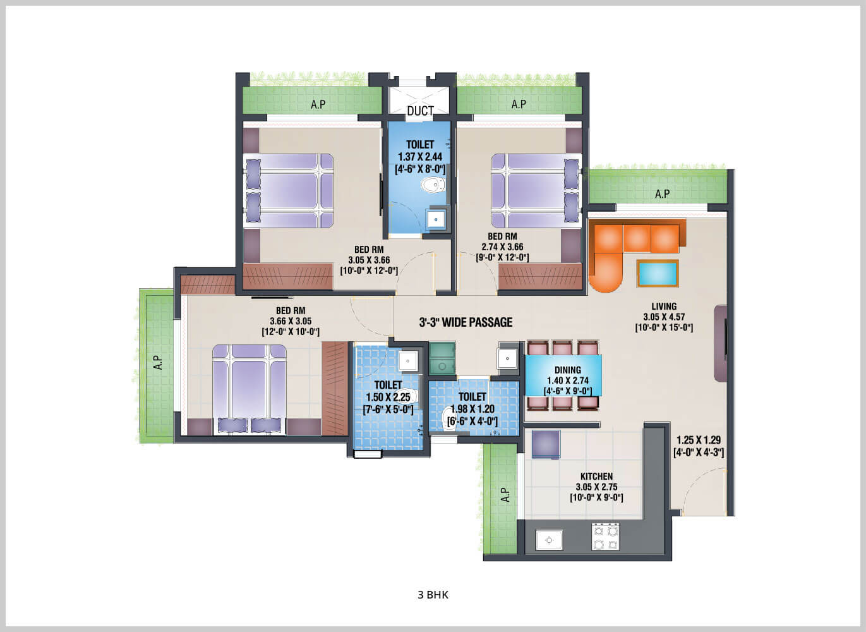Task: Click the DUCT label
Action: pyautogui.click(x=420, y=111)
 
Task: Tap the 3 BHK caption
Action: pyautogui.click(x=433, y=595)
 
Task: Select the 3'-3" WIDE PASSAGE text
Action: pyautogui.click(x=466, y=322)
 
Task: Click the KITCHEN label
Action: pyautogui.click(x=596, y=477)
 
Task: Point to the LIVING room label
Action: pyautogui.click(x=663, y=307)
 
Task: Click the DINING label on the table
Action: pyautogui.click(x=567, y=370)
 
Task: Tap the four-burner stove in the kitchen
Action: pyautogui.click(x=605, y=537)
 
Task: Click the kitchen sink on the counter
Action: pyautogui.click(x=549, y=540)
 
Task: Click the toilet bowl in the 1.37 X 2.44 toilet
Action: pyautogui.click(x=433, y=185)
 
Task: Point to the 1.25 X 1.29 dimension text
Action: pyautogui.click(x=699, y=441)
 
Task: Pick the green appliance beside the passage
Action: pyautogui.click(x=442, y=359)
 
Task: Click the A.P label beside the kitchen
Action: pyautogui.click(x=505, y=494)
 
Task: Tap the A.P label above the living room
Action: pyautogui.click(x=662, y=194)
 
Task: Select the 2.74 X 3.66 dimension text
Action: pyautogui.click(x=502, y=247)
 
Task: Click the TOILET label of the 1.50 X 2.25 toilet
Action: pyautogui.click(x=388, y=385)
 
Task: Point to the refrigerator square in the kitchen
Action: pyautogui.click(x=546, y=444)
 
